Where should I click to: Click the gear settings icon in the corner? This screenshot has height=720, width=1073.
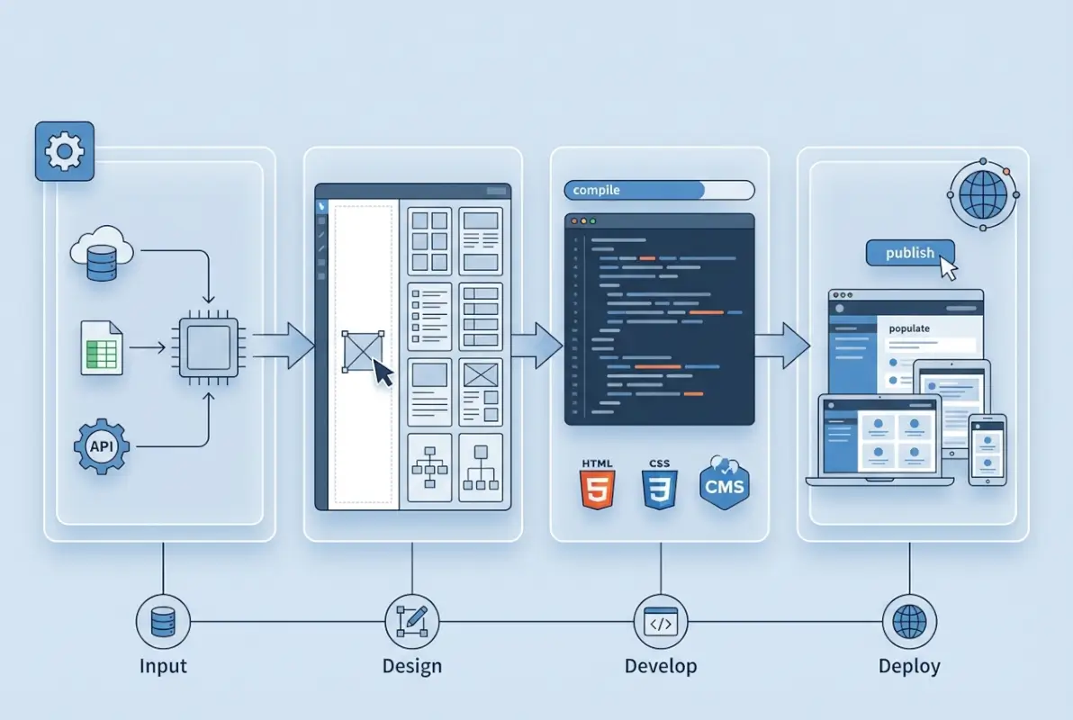click(x=63, y=151)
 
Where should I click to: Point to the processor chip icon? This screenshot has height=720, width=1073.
click(x=209, y=346)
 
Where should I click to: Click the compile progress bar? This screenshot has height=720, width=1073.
click(x=658, y=190)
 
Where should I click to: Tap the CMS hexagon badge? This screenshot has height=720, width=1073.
click(x=725, y=484)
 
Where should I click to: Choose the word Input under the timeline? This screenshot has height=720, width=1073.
click(x=163, y=667)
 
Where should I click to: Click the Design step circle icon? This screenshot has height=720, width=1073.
click(x=411, y=621)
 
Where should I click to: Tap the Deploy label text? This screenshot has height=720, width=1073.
click(x=909, y=667)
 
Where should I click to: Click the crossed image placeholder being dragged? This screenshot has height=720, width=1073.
click(x=363, y=351)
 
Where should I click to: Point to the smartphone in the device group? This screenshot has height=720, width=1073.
click(x=987, y=449)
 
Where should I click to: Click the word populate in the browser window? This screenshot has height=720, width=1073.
click(x=909, y=328)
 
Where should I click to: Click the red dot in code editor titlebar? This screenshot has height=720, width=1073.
click(x=573, y=220)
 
